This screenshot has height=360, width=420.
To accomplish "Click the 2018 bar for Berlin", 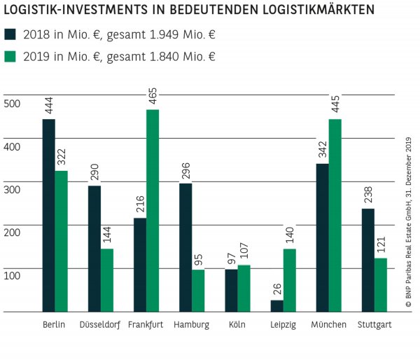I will (48, 215).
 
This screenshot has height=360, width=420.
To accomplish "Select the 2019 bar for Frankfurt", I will (152, 210).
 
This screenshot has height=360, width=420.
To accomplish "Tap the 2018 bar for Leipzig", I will (276, 305).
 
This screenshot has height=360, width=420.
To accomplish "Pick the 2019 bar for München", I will (335, 215).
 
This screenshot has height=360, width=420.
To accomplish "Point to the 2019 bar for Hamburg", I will (198, 290).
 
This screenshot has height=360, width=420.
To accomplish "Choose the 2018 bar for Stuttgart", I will (368, 259).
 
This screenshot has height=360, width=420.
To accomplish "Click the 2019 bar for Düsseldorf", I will (106, 279).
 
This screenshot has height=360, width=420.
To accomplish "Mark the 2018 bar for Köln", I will (231, 290).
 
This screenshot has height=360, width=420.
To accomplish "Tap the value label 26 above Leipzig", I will (276, 289).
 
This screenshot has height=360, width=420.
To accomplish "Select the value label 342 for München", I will (322, 148).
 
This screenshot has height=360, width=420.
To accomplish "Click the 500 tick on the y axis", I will (13, 104).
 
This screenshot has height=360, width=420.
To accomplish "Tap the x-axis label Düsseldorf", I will (99, 325).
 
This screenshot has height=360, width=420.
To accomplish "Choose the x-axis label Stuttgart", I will (374, 325).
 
